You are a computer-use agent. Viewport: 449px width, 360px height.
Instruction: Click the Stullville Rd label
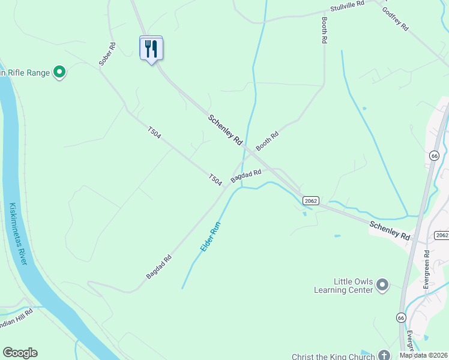[348, 7]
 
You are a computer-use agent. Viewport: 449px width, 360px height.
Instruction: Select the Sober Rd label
[107, 55]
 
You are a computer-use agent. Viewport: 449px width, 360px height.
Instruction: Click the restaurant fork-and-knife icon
[151, 48]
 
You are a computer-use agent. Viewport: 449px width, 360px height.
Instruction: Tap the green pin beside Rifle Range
[59, 73]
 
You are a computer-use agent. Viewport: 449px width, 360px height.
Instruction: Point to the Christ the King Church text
[333, 356]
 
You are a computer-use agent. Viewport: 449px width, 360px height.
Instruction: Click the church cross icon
[383, 355]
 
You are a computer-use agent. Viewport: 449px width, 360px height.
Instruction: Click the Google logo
[20, 353]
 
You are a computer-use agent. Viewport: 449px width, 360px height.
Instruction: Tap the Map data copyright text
[423, 355]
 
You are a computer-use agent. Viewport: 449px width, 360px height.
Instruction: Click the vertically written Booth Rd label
[324, 29]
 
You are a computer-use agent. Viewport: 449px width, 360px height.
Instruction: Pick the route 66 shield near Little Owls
[401, 316]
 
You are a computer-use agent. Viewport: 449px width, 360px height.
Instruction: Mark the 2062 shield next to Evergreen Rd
[441, 235]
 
